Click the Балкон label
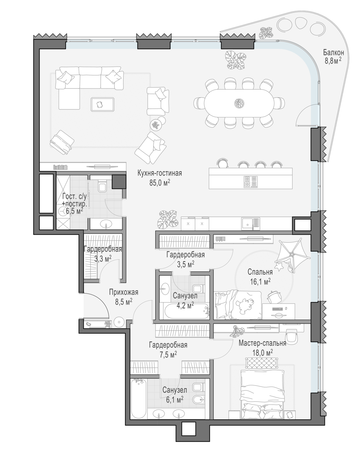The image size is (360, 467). [334, 52]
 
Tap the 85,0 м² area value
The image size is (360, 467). [160, 183]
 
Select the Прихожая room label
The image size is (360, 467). [124, 292]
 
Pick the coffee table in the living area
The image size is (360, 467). [102, 104]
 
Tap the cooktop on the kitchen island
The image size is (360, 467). [250, 182]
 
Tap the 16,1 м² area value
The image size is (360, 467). [260, 281]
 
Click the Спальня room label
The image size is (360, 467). [260, 272]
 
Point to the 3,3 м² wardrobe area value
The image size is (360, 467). [103, 259]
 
